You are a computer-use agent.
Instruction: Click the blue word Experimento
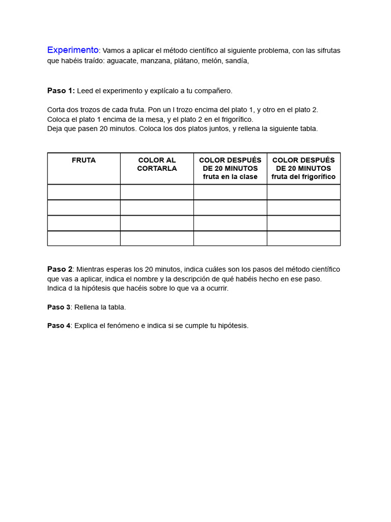coord(73,50)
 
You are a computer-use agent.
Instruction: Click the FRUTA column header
coord(83,160)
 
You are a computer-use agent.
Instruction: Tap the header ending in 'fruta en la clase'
coord(230,168)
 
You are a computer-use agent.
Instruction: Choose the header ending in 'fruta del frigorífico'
coord(303,168)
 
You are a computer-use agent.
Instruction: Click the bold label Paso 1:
coord(61,91)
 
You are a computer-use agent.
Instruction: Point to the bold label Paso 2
coord(60,269)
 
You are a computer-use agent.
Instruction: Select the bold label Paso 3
coord(59,307)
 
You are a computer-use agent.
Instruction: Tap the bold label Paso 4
coord(59,326)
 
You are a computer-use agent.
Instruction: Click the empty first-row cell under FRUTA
coord(83,192)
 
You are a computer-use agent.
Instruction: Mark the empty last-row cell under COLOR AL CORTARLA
coord(157,239)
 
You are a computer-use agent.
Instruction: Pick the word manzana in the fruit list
coord(156,61)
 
